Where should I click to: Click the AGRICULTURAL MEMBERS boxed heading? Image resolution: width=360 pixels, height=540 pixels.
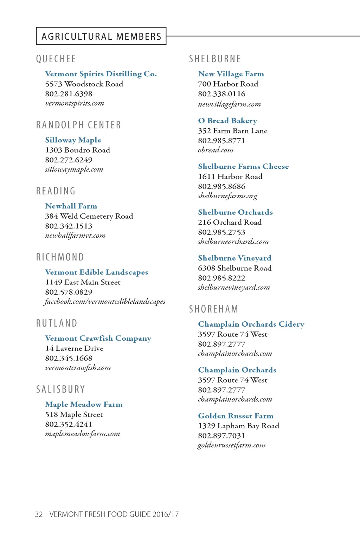pos(101,36)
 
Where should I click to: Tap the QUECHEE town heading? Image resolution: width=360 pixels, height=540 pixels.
pos(56,59)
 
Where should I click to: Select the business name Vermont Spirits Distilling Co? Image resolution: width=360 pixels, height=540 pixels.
pos(101,74)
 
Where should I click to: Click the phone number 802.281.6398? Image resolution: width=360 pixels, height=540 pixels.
pos(69,94)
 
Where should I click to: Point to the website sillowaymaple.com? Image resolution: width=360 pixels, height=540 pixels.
pos(74,169)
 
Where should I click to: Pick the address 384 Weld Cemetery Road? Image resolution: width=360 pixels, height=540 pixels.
pos(89,216)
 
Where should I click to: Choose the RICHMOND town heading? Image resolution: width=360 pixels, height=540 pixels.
pos(60,257)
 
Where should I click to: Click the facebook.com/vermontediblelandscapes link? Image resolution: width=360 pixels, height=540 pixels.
pos(105,302)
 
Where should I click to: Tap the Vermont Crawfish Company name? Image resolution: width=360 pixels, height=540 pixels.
pos(98,338)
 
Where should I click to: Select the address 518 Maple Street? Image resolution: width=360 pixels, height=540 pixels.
pos(74,414)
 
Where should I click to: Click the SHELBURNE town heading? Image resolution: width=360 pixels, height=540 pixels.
pos(215,59)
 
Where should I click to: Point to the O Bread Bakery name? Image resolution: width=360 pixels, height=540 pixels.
pos(227,121)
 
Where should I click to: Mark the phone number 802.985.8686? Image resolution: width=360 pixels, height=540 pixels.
pos(221,186)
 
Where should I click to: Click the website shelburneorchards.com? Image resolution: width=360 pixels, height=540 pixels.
pos(233,242)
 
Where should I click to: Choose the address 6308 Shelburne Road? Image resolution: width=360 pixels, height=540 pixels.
pos(234,268)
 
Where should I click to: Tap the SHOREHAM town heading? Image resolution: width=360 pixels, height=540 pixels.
pos(213,309)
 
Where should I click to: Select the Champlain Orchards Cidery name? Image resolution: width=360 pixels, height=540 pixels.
pos(251,324)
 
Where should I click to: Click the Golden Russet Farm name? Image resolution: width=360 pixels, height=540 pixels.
pos(236,416)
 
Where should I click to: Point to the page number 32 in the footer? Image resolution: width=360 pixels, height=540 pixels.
pos(39,514)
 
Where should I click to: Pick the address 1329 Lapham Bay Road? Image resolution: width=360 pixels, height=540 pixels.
pos(238,426)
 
